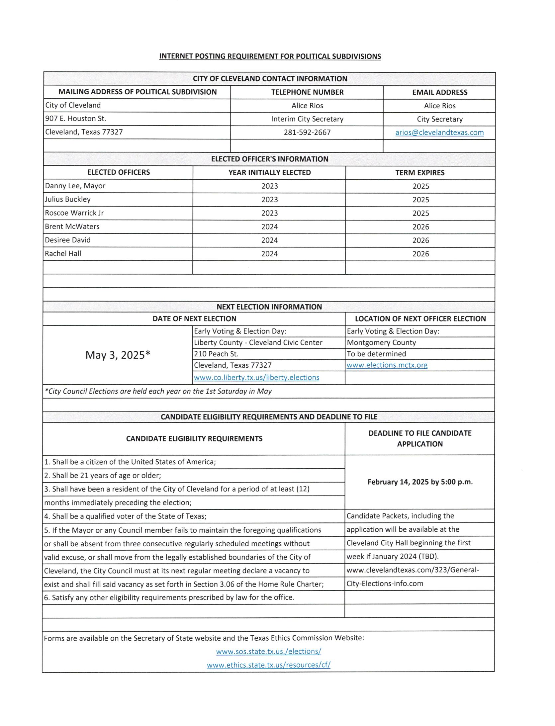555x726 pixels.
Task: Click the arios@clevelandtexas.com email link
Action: (439, 133)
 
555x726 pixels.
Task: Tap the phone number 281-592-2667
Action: (307, 133)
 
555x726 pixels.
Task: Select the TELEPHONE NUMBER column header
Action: (307, 92)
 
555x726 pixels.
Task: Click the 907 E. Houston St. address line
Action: (76, 119)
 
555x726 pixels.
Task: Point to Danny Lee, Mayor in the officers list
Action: (75, 186)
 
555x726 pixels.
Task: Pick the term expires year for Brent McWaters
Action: (420, 227)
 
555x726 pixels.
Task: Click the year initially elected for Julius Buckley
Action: (269, 200)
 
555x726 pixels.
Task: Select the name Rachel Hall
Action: (63, 254)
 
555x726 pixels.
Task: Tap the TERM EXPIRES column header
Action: (420, 173)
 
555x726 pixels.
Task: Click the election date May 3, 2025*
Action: (118, 355)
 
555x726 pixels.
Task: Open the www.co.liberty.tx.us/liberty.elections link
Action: (256, 378)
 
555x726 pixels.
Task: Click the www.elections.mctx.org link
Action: (387, 365)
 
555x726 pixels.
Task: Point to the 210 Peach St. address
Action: (216, 354)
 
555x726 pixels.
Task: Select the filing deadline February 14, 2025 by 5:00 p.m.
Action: (420, 482)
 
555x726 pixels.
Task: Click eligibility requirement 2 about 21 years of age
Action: (103, 476)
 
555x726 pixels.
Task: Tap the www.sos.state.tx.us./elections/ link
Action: (268, 652)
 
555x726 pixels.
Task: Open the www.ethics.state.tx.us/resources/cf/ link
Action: (268, 665)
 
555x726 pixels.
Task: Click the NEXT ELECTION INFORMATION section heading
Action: (269, 307)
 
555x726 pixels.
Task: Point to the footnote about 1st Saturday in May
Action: (158, 391)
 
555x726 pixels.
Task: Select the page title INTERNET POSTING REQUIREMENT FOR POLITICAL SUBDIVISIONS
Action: (270, 56)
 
